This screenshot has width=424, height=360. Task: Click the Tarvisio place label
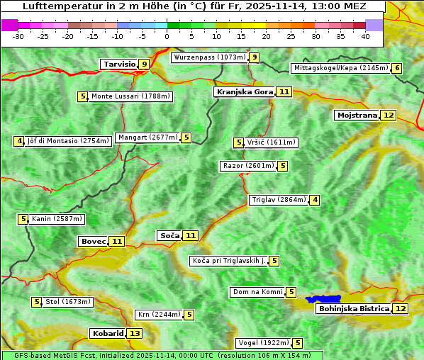point(119,64)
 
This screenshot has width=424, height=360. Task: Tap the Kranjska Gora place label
point(244,92)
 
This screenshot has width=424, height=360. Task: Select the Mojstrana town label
point(357,115)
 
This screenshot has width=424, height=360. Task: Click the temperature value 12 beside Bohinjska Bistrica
point(401,309)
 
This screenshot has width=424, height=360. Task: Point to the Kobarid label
point(107,334)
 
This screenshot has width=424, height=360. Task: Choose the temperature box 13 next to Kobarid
point(134,334)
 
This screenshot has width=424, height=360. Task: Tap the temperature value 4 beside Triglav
point(315,200)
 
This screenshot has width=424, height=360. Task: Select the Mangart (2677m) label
point(147,137)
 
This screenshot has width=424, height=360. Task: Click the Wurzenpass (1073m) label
point(210,57)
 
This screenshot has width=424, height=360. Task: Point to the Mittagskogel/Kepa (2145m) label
point(340,68)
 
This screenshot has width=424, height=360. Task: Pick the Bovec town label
point(93,242)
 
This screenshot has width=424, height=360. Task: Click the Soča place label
point(169,235)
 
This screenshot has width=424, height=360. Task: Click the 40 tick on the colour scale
point(365,36)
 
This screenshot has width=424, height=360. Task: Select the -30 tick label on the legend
point(18,36)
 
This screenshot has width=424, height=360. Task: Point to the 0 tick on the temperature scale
point(167,36)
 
